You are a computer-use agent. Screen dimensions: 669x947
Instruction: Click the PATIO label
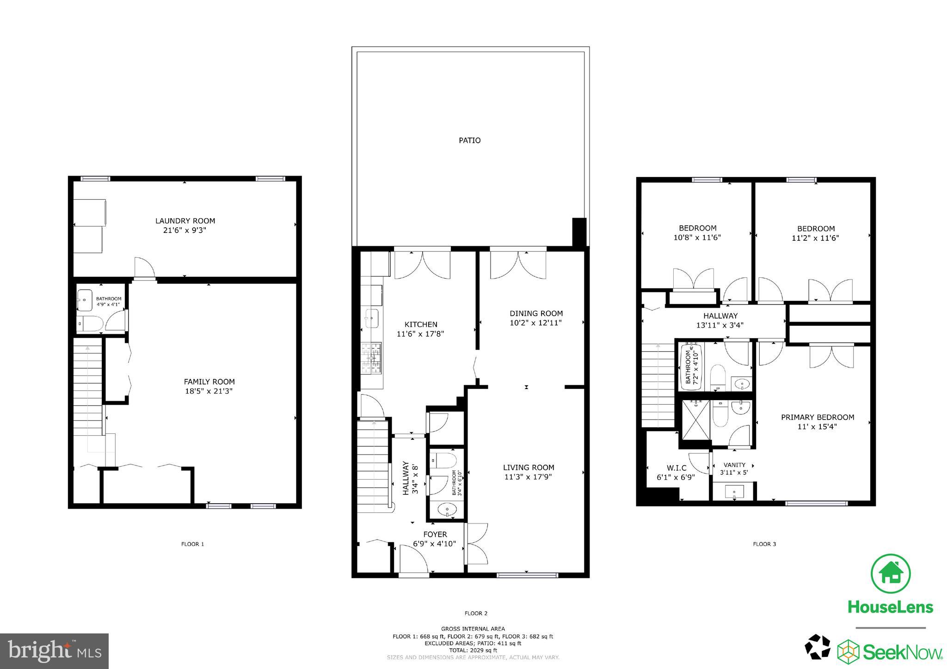(469, 140)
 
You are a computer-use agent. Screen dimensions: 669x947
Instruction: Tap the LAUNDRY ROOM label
(185, 221)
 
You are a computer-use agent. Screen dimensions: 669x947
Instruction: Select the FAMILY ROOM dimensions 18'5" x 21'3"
(209, 391)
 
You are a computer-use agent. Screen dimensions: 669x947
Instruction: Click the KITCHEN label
(421, 324)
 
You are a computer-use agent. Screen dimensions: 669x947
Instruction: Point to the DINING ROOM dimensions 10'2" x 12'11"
(536, 323)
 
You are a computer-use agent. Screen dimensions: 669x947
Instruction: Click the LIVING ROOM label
(529, 468)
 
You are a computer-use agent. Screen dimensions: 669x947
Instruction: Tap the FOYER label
(435, 535)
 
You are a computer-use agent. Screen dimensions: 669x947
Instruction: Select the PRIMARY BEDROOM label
(817, 417)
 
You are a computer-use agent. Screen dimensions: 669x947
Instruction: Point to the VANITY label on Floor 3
(734, 465)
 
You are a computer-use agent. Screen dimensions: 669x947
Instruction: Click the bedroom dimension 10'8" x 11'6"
(697, 238)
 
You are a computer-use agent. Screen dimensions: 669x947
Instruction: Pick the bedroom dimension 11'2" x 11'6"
(815, 238)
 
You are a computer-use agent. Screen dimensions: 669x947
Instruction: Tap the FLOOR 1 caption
(192, 544)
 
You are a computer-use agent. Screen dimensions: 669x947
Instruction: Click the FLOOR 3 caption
(764, 544)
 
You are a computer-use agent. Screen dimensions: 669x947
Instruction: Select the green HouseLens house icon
(890, 573)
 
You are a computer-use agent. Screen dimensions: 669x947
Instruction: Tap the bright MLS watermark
(55, 651)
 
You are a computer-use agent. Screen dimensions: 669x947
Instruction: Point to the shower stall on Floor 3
(695, 419)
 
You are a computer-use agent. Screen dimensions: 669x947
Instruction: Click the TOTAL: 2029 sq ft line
(473, 650)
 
